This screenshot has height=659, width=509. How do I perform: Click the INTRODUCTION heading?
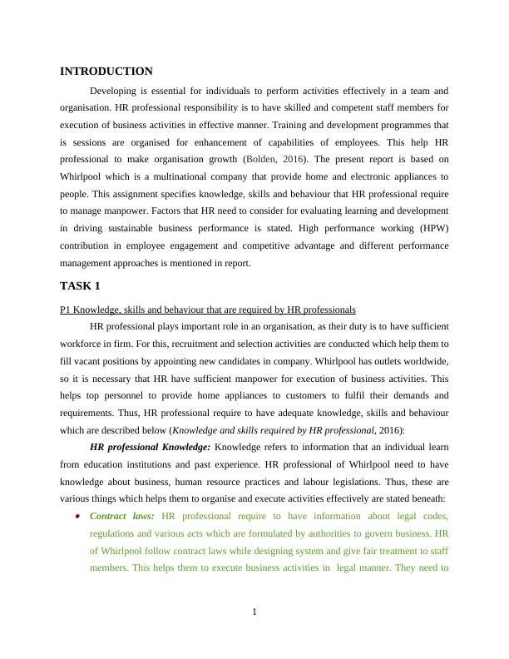coord(106,72)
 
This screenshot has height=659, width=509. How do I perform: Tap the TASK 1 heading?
coord(80,285)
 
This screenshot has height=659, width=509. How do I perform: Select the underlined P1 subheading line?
coord(208,309)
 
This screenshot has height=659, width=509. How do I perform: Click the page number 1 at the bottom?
coord(254,613)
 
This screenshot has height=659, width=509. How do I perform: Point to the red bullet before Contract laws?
coord(77,516)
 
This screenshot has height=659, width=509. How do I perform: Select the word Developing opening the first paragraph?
coord(116,90)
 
